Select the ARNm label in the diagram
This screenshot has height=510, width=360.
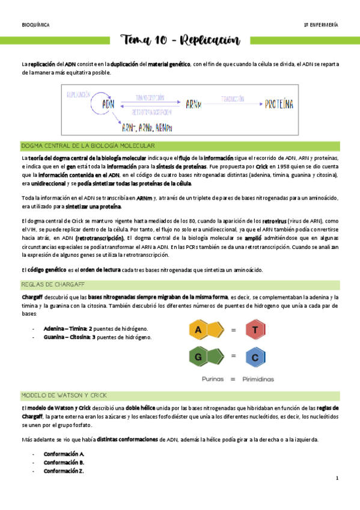(193, 104)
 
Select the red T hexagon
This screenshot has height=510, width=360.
(255, 330)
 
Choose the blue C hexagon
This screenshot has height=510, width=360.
(255, 358)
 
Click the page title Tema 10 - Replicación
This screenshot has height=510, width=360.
(180, 41)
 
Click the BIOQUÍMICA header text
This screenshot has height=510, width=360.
(35, 25)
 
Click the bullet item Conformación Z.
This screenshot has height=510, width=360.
(64, 472)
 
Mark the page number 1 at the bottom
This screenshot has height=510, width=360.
(337, 479)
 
